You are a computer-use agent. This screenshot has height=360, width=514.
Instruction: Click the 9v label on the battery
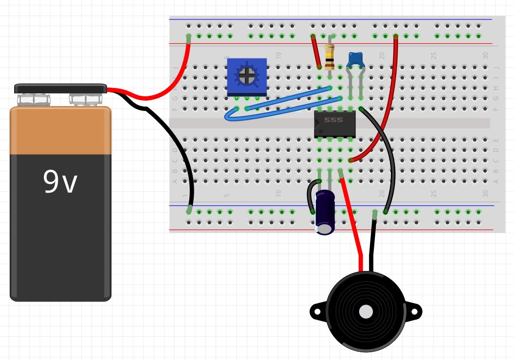click(60, 181)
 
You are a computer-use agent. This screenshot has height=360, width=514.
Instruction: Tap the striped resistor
click(330, 56)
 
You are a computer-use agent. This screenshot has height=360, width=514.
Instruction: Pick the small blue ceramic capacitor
click(356, 60)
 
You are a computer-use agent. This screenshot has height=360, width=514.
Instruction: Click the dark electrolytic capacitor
click(325, 212)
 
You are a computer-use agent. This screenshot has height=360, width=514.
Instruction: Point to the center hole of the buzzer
click(366, 311)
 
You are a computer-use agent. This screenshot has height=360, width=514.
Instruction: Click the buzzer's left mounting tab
click(317, 311)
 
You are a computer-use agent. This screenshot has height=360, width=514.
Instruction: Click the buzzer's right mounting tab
click(415, 311)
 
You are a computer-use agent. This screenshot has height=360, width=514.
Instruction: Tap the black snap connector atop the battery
click(60, 89)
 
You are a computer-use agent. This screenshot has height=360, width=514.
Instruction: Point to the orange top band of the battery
click(60, 130)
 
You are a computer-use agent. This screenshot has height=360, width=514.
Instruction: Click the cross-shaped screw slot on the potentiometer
click(247, 75)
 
